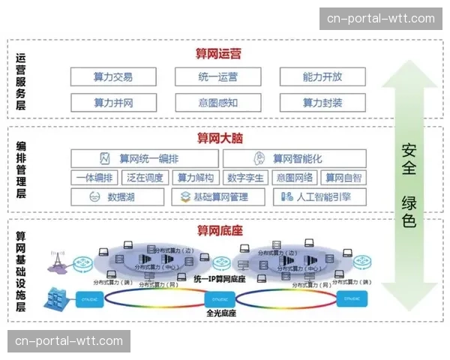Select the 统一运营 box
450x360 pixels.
[217, 76]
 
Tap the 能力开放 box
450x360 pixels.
[322, 76]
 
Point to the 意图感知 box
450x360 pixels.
[217, 103]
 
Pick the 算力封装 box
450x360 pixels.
[322, 103]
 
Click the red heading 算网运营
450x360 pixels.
[219, 54]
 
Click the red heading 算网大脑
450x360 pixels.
[219, 138]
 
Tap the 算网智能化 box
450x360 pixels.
[294, 158]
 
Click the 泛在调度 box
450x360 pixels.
[145, 178]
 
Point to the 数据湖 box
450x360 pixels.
[118, 197]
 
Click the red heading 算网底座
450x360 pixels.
[219, 229]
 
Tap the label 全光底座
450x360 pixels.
[220, 312]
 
